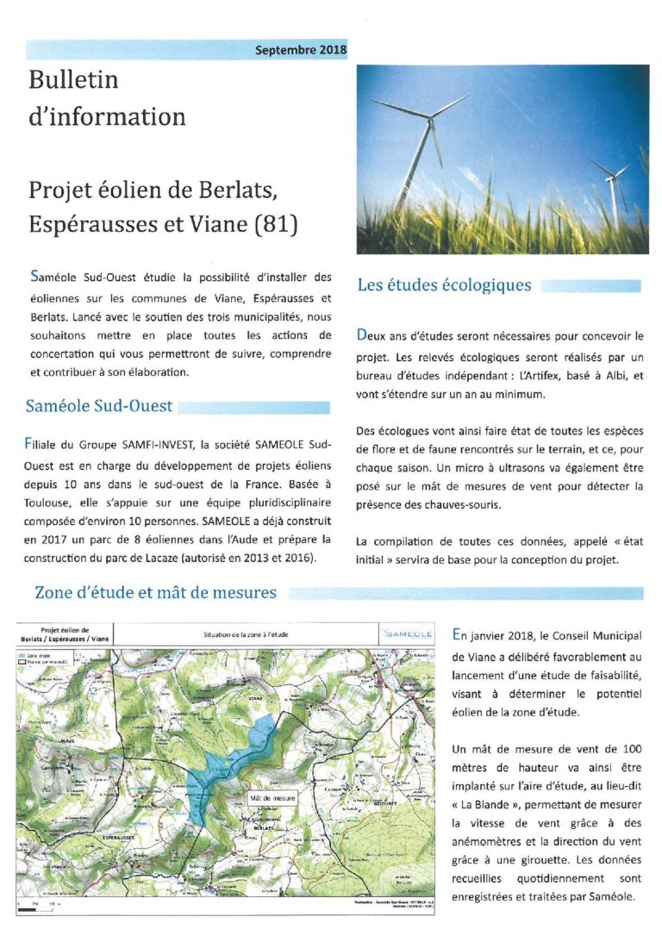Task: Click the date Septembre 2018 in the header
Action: [x=301, y=50]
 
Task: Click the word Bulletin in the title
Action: [x=73, y=81]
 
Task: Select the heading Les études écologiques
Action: [x=444, y=285]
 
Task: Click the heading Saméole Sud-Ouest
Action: [x=99, y=406]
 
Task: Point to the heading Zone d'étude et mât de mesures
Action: [x=155, y=592]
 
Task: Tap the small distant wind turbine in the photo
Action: [x=614, y=176]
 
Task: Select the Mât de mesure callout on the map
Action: [x=272, y=799]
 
